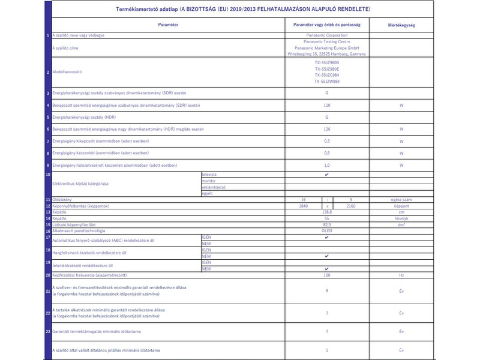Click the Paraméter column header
[x=167, y=26]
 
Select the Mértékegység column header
[x=402, y=26]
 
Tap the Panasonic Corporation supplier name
[x=326, y=36]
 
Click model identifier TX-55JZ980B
[x=326, y=62]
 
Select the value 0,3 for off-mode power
[x=326, y=141]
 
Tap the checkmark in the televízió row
[x=326, y=174]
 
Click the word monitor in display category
[x=209, y=181]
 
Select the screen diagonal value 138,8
[x=326, y=212]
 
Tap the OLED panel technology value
[x=326, y=231]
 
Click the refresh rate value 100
[x=326, y=275]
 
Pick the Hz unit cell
[x=402, y=275]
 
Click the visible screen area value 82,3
[x=326, y=225]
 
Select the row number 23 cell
[x=48, y=331]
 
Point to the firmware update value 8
[x=326, y=291]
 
